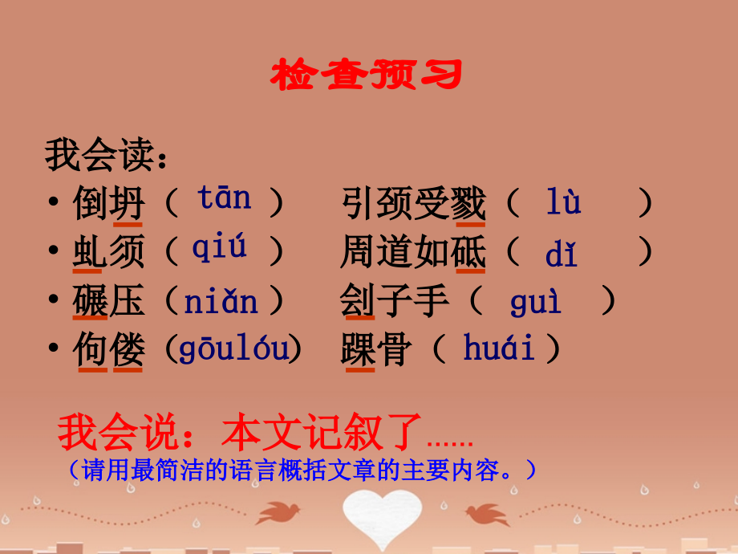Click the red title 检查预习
click(x=367, y=75)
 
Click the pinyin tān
click(x=224, y=198)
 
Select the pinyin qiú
click(x=219, y=249)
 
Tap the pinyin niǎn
click(x=221, y=301)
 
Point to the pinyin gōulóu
click(x=233, y=350)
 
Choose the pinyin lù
click(x=563, y=202)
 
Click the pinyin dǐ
click(x=561, y=254)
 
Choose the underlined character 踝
click(x=357, y=350)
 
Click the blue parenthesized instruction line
click(x=303, y=470)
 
